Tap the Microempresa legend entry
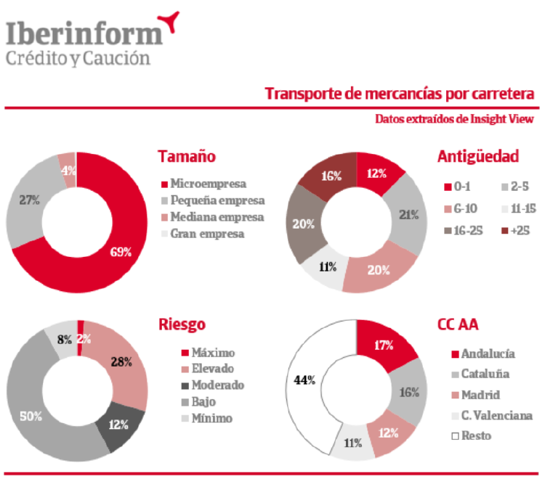click(207, 184)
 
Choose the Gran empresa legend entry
click(206, 234)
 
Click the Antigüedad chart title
click(477, 156)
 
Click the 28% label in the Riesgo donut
click(121, 361)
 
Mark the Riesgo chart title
click(182, 324)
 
